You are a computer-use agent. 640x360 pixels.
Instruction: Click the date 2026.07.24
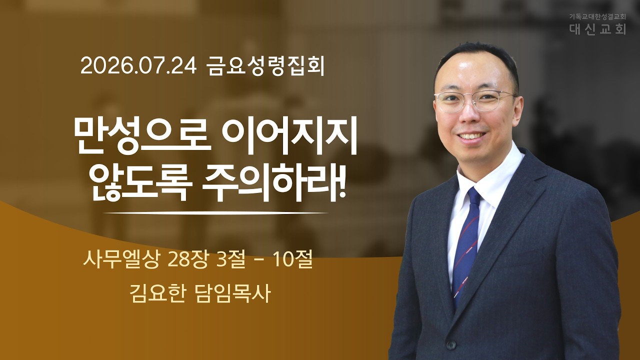coord(138,66)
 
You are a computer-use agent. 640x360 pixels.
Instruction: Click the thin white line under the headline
coord(215,213)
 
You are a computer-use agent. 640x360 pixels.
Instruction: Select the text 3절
coord(231,260)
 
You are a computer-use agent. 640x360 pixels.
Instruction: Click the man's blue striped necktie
coord(466,243)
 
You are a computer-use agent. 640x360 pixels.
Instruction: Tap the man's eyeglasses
coord(475,100)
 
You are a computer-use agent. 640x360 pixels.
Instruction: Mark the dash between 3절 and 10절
coord(259,261)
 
